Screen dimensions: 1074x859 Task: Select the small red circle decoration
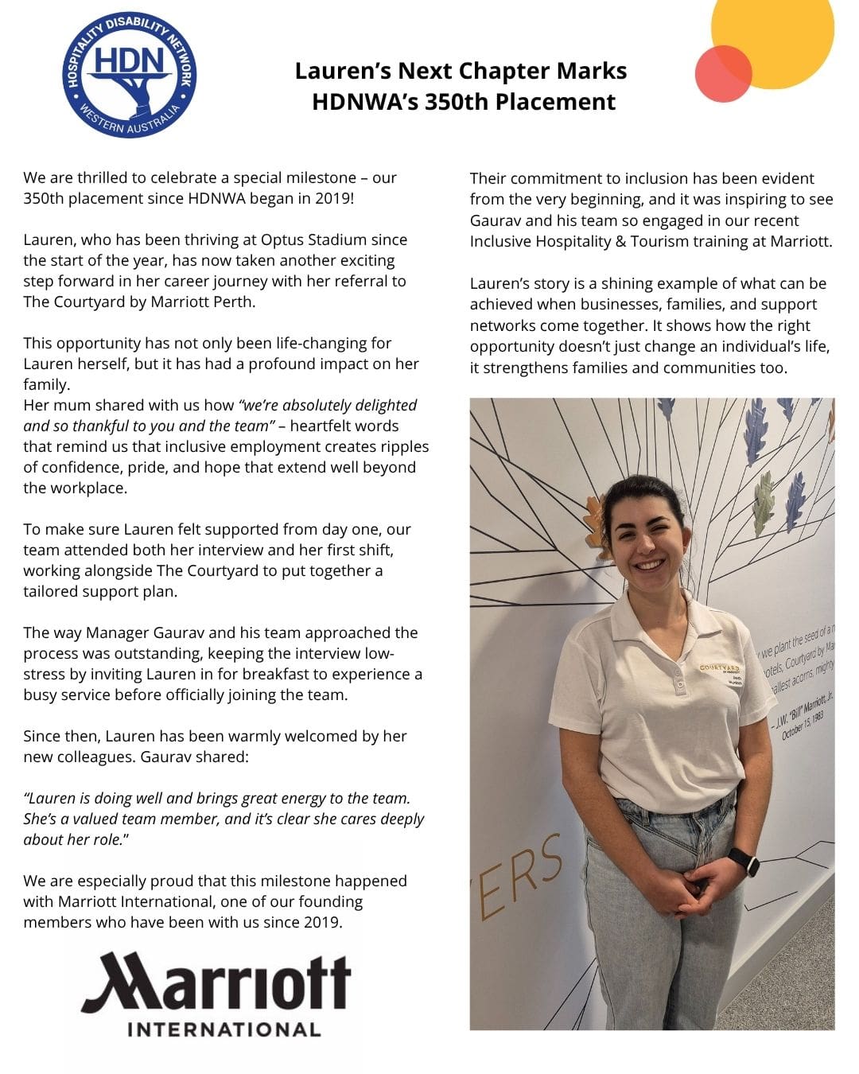[723, 73]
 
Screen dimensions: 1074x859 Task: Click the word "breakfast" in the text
[275, 674]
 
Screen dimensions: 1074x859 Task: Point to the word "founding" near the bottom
[328, 901]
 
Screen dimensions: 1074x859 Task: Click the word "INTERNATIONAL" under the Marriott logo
[224, 1029]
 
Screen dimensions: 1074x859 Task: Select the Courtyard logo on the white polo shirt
[720, 668]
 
